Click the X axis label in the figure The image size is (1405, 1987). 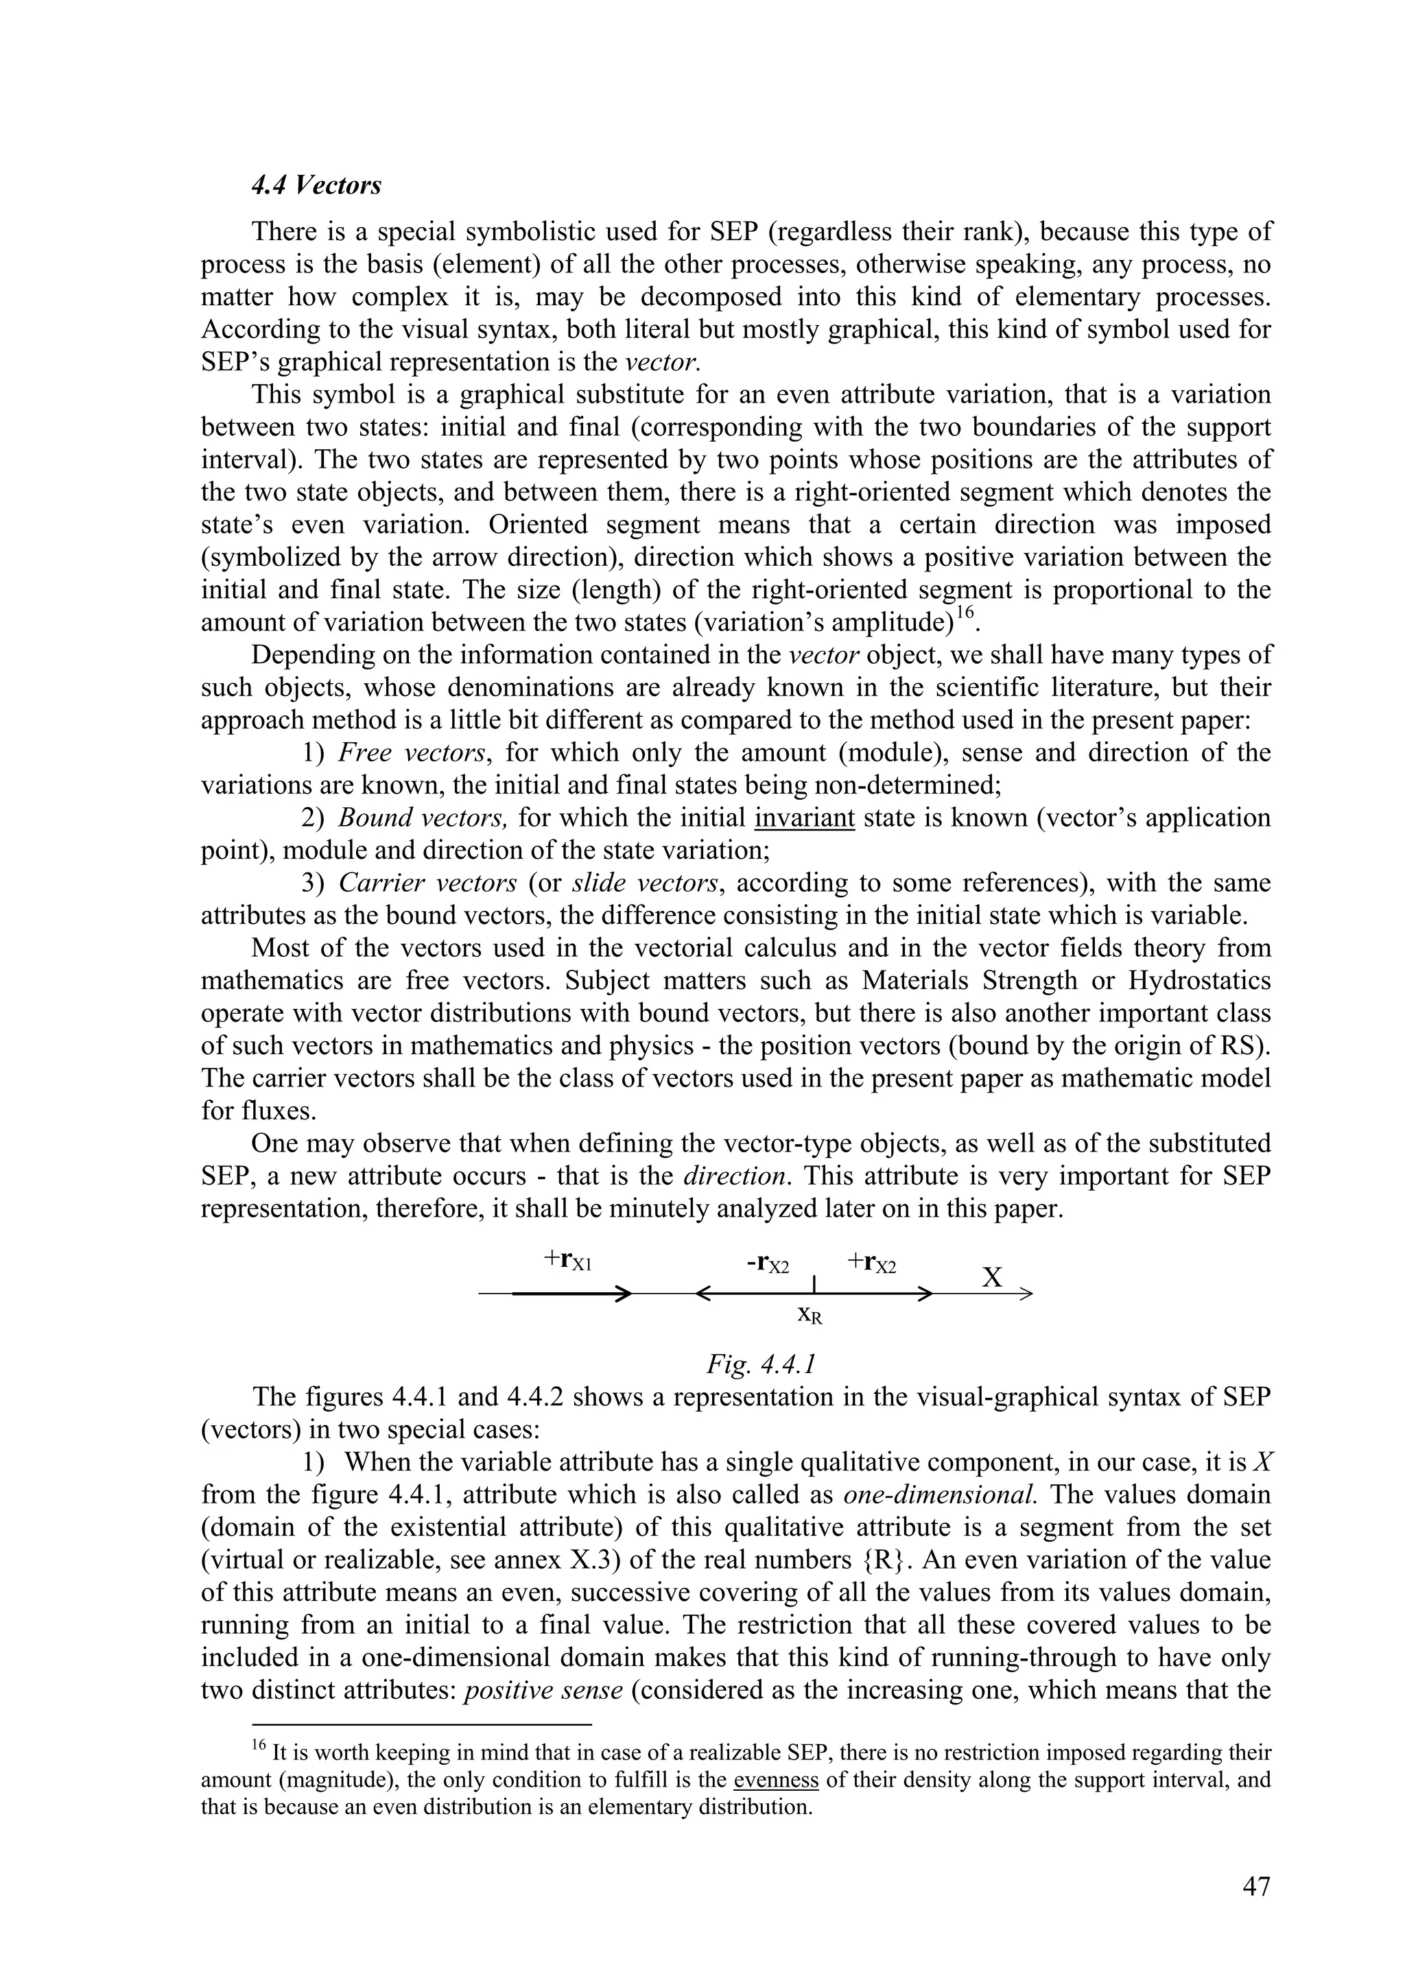click(x=993, y=1276)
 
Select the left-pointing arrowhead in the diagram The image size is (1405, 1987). click(x=703, y=1295)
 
